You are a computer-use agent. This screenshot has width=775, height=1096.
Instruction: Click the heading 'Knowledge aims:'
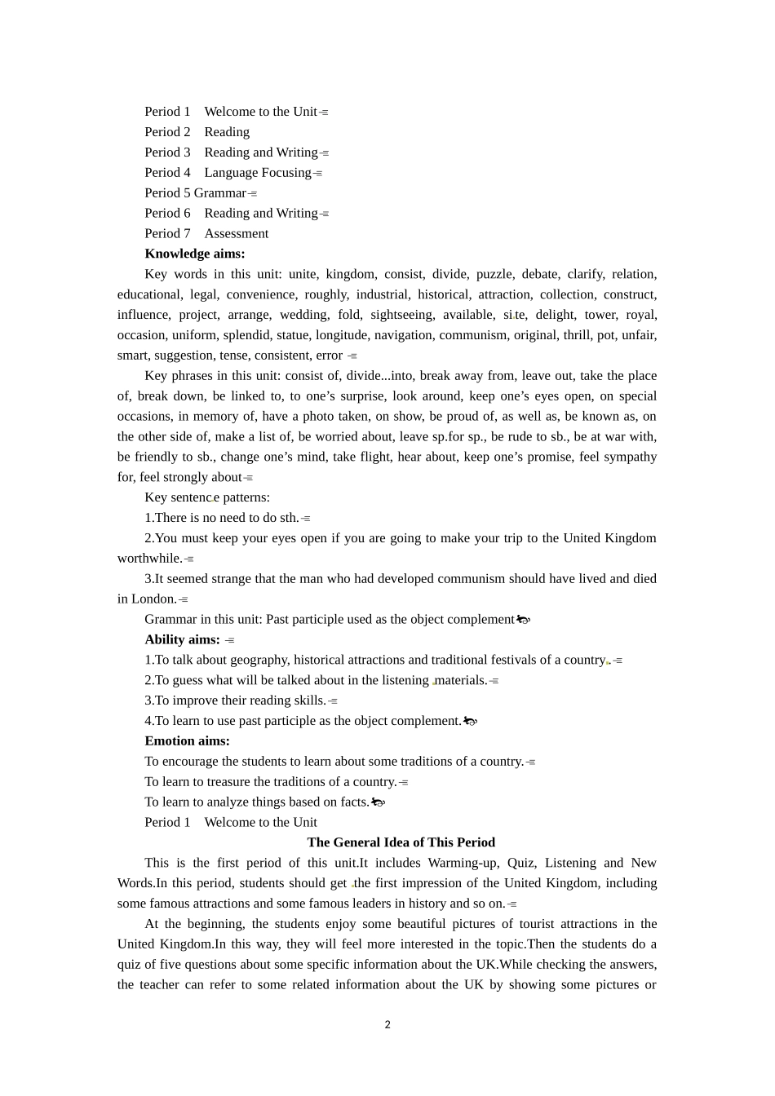tap(194, 254)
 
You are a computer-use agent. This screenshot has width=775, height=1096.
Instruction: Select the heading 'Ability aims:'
tap(182, 639)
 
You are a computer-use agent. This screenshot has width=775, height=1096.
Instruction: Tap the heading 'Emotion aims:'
tap(187, 741)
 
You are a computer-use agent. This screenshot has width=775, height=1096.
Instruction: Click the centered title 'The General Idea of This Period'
tap(401, 842)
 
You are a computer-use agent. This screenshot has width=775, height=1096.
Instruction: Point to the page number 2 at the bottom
tap(387, 1025)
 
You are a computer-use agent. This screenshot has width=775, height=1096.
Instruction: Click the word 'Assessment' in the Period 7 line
tap(236, 233)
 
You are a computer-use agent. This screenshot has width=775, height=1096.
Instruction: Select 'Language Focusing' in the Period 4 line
tap(258, 172)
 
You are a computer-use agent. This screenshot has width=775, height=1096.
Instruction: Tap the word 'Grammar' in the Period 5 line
tap(219, 192)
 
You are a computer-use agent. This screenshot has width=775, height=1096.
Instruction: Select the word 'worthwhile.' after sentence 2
tap(149, 559)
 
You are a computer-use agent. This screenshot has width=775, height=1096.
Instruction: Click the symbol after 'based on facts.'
tap(378, 802)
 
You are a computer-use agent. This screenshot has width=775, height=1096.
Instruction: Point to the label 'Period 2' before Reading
tap(167, 131)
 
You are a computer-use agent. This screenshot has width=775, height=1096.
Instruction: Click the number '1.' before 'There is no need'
tap(149, 518)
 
